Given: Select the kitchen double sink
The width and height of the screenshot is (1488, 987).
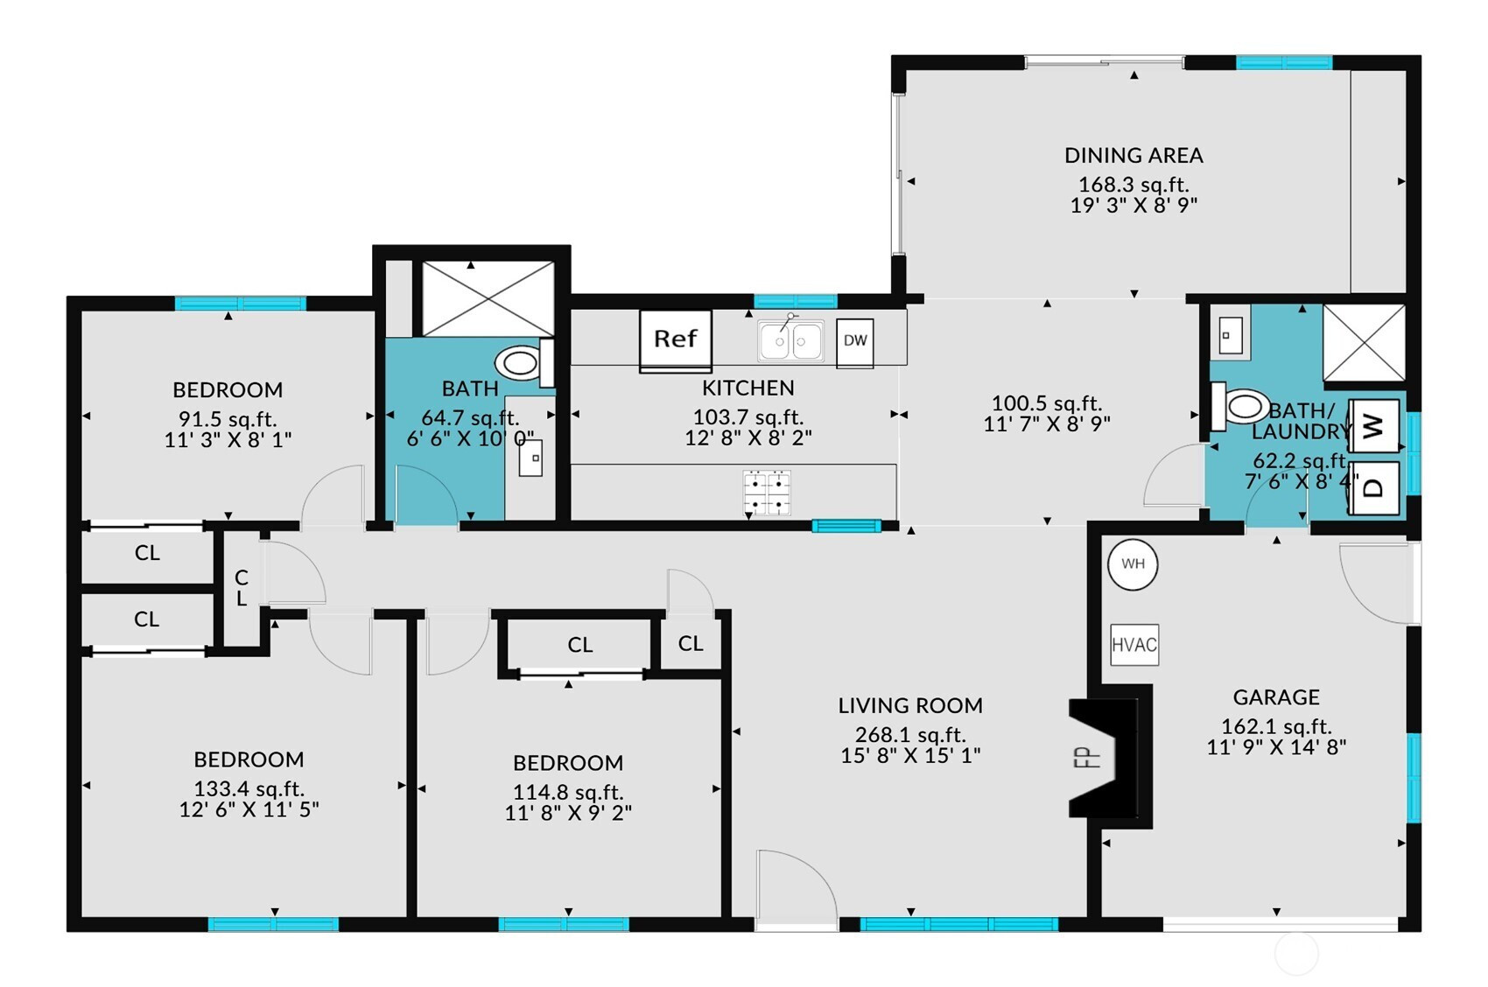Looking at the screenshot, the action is coord(790,340).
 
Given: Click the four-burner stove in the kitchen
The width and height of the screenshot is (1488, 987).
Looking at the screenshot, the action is coord(768,493).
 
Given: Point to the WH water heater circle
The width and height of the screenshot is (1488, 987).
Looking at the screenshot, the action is coord(1133,564).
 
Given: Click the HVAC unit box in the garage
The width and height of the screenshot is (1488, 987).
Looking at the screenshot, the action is coord(1134,644).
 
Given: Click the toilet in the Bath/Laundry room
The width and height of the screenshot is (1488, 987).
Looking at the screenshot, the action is coord(1237,406).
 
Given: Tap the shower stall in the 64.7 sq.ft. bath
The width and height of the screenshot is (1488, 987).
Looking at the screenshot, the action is coord(488,298).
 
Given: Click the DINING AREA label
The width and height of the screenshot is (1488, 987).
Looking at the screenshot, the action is coord(1134,156).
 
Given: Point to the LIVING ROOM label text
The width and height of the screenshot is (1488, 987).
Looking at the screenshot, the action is coord(910,705).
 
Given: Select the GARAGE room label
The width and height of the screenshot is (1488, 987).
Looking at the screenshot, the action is coord(1276,697).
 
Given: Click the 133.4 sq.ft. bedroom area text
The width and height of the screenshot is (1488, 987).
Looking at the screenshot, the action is coord(249,789).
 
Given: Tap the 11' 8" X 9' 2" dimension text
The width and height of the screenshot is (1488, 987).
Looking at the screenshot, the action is coord(568,813).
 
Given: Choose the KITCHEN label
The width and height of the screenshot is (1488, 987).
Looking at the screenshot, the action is coord(748,388).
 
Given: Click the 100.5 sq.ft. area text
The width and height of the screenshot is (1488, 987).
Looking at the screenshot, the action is coord(1047,403).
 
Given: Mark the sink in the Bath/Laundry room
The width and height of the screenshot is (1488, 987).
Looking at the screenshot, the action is coord(1231,335).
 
